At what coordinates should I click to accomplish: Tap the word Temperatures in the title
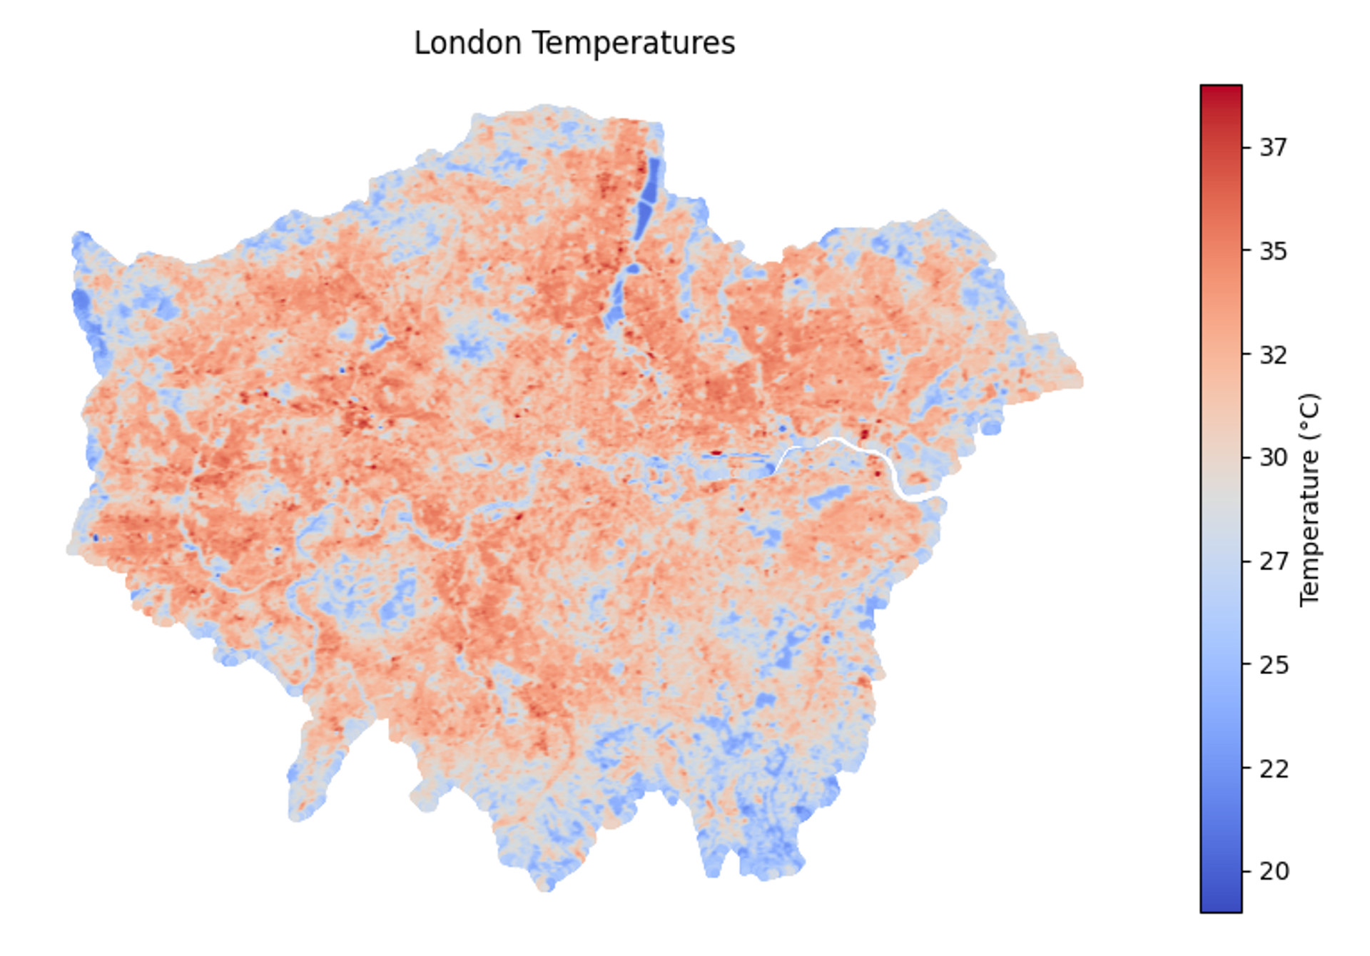pos(634,43)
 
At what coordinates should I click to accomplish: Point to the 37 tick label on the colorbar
pos(1274,148)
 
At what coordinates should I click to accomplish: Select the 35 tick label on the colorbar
pos(1274,251)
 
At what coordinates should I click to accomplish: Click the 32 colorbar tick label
pos(1274,355)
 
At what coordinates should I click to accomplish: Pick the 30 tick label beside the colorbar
pos(1274,457)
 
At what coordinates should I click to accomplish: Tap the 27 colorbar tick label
pos(1274,561)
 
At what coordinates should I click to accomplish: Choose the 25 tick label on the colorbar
pos(1274,665)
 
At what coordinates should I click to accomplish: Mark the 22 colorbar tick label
pos(1274,769)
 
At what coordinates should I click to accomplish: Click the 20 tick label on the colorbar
pos(1274,871)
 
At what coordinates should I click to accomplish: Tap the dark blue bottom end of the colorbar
pos(1221,905)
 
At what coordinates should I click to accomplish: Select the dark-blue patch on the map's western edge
pos(81,303)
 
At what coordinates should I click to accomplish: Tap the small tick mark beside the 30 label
pos(1247,457)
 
